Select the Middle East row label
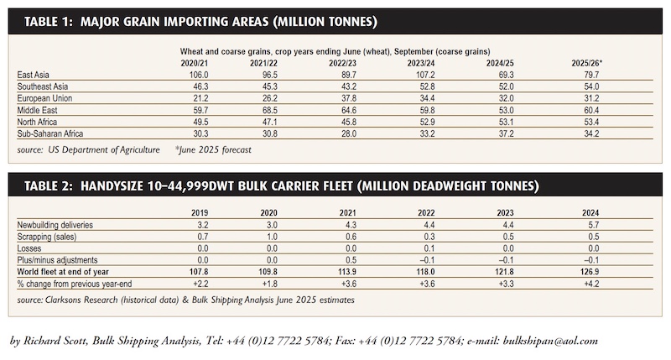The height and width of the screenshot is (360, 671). click(x=37, y=110)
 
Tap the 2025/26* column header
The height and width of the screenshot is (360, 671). click(x=586, y=63)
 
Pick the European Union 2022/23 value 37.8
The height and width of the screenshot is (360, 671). click(x=348, y=98)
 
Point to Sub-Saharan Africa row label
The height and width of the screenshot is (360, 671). click(x=50, y=133)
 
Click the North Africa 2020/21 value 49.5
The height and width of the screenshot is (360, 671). click(x=200, y=122)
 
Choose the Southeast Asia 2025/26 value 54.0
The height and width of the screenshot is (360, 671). click(x=591, y=86)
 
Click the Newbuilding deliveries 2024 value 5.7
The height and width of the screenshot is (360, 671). click(x=594, y=225)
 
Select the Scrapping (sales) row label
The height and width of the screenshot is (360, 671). click(x=47, y=237)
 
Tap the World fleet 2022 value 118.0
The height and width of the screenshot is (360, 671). click(x=426, y=272)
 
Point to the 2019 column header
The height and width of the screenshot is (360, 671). click(x=200, y=213)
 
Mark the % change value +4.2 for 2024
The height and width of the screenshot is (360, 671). click(x=591, y=284)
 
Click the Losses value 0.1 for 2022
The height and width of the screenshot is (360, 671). click(x=429, y=248)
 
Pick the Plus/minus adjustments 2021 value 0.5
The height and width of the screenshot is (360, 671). click(x=351, y=260)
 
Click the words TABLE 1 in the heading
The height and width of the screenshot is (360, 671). click(x=49, y=22)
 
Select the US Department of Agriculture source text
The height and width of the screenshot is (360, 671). click(x=103, y=150)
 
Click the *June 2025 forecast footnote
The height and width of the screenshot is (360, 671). click(x=213, y=150)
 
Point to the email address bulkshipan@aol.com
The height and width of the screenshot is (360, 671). click(x=550, y=341)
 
